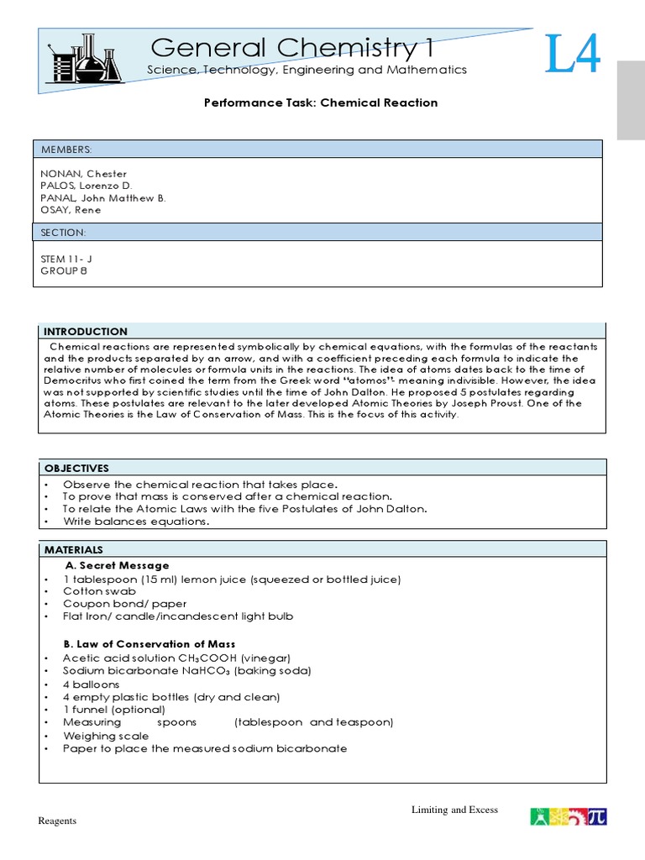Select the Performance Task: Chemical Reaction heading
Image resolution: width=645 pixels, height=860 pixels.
[x=322, y=102]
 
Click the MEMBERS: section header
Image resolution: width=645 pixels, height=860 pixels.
[x=66, y=149]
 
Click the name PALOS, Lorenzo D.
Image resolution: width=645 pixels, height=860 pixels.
[x=86, y=185]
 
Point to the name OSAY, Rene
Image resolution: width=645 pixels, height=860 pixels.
[x=71, y=210]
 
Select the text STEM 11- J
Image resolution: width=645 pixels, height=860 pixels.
[x=70, y=259]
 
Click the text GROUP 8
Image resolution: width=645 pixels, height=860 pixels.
[x=64, y=271]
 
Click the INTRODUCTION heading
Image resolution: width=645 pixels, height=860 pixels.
[x=86, y=332]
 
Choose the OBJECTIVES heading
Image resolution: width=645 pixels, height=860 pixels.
[x=76, y=468]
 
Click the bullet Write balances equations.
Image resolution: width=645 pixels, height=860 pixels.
[x=135, y=522]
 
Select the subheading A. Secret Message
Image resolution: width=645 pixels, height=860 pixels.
[x=118, y=565]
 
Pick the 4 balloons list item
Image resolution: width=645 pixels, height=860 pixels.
[x=92, y=684]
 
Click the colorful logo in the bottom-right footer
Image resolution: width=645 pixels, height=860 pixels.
[x=569, y=816]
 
